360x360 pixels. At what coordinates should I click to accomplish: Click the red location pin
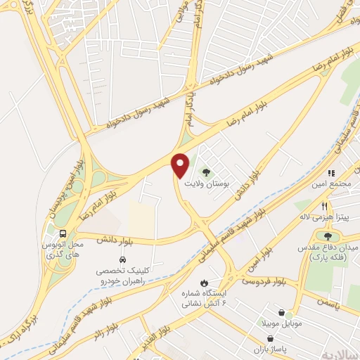[180, 165]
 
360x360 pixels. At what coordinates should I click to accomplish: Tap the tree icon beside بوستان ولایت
[206, 171]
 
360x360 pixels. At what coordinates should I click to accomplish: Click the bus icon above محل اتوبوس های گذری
[63, 233]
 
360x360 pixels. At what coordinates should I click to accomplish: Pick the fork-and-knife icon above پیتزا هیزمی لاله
[324, 206]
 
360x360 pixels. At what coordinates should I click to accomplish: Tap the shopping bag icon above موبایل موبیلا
[281, 312]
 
